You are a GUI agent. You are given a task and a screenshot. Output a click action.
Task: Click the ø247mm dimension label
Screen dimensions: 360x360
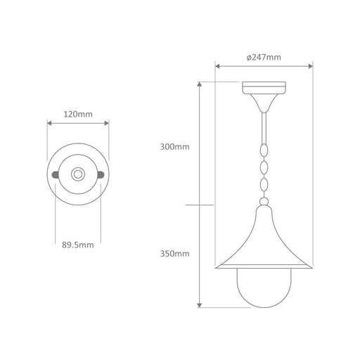pos(264,57)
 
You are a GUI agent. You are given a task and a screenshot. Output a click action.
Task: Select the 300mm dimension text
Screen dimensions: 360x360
pos(174,147)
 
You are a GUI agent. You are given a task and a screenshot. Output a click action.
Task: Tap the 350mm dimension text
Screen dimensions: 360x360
pos(174,254)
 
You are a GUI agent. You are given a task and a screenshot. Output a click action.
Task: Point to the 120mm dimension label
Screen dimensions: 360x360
pos(78,114)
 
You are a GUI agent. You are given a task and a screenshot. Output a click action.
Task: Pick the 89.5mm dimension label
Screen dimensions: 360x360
pos(78,245)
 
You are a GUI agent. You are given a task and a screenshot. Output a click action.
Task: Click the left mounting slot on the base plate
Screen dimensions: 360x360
pos(55,174)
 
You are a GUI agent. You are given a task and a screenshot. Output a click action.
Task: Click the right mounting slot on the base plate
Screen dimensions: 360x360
pos(101,174)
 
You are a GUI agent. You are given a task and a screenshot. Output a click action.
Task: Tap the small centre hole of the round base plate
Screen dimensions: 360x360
pos(78,174)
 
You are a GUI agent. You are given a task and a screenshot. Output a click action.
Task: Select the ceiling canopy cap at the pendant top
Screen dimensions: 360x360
pos(264,88)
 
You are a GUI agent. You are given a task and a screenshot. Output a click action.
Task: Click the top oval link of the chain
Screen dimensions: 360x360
pos(264,150)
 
